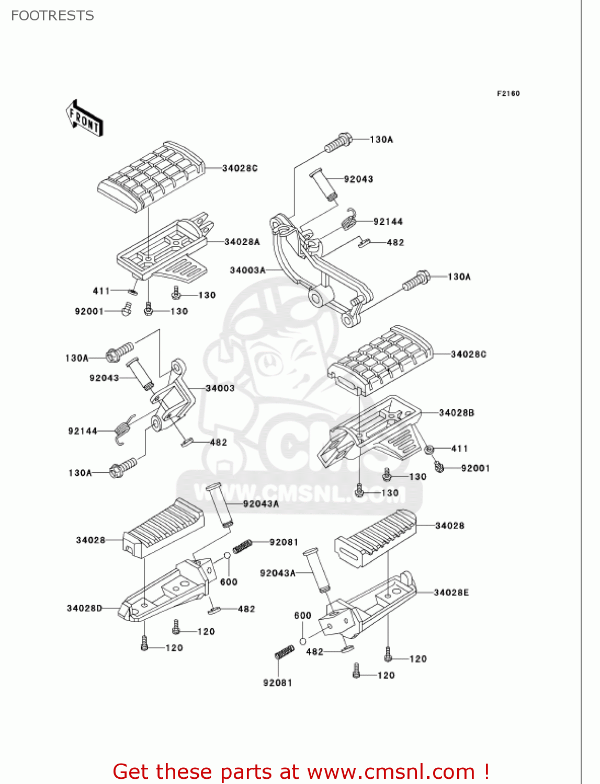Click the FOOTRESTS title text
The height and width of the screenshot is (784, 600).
[x=52, y=16]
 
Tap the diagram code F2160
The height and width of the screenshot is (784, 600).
[x=508, y=94]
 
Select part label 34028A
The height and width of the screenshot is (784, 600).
[x=242, y=242]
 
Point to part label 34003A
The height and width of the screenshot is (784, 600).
[x=247, y=270]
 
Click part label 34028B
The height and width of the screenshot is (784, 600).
[x=456, y=413]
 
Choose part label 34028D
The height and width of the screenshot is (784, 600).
[x=84, y=608]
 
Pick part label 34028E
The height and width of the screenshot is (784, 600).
[x=451, y=592]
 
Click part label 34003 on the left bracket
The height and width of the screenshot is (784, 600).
[x=220, y=388]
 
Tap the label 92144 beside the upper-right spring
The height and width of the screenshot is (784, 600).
[x=388, y=222]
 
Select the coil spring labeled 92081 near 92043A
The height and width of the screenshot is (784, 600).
[x=242, y=546]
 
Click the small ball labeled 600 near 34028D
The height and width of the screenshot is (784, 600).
[x=228, y=555]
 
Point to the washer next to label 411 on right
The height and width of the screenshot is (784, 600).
[x=429, y=449]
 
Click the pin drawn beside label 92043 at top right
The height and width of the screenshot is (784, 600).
[x=323, y=183]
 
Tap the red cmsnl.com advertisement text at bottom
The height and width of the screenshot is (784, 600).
[x=301, y=771]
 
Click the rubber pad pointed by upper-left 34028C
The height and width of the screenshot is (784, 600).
[x=152, y=175]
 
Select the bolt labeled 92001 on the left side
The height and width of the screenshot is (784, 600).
[x=126, y=310]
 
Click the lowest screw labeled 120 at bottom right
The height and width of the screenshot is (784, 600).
[x=356, y=671]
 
